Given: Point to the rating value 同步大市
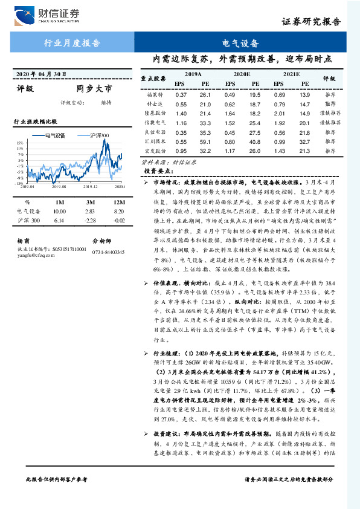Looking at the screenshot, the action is (x=95, y=89).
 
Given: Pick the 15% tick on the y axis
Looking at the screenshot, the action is (x=20, y=143).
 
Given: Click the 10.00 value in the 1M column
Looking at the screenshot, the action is (x=59, y=212).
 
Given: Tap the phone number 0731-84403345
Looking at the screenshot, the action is (x=108, y=252).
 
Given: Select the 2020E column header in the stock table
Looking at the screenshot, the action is (x=240, y=73).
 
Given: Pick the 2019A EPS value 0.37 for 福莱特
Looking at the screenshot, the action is (x=181, y=95).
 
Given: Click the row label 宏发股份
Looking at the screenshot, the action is (x=156, y=150).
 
